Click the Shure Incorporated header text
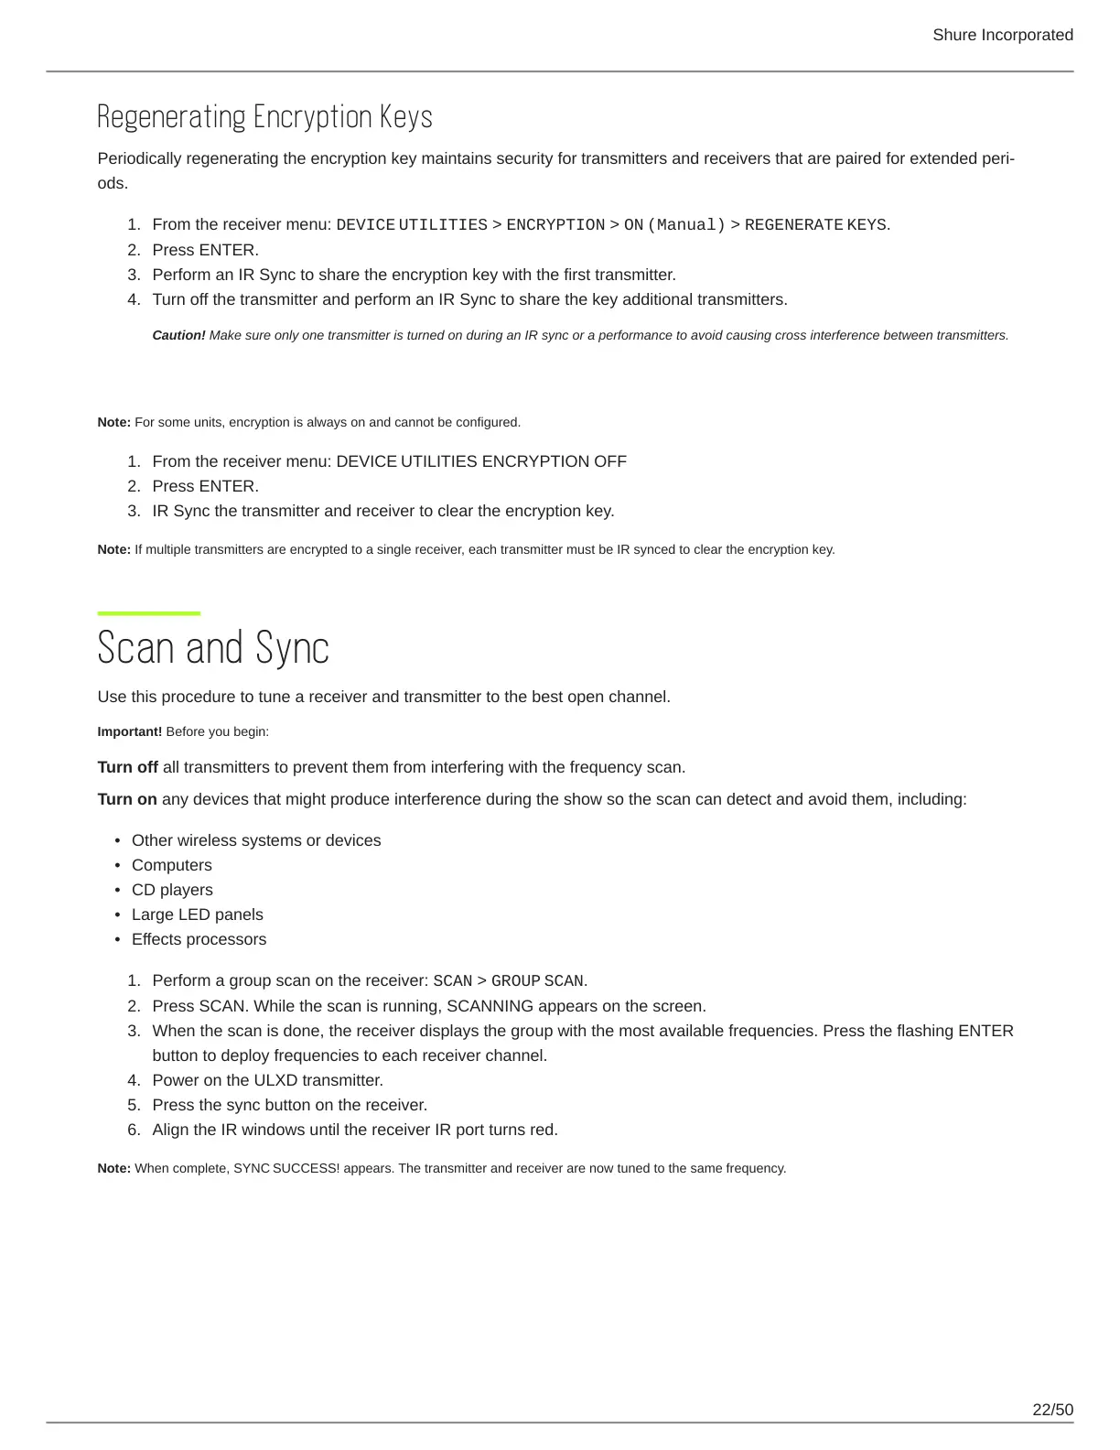(x=1002, y=35)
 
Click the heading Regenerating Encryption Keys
(x=264, y=117)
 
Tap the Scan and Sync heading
(x=212, y=648)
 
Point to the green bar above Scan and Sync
(x=148, y=613)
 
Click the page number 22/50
(x=1052, y=1410)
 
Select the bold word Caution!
(x=178, y=335)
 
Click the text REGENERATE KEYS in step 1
(x=815, y=225)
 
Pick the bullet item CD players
(x=172, y=890)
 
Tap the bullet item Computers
(x=171, y=865)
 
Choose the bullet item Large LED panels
(x=197, y=914)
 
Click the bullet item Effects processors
(x=199, y=939)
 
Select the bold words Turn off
(x=127, y=767)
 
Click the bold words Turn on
(x=127, y=799)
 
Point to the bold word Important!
(x=129, y=731)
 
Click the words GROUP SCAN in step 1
(x=538, y=981)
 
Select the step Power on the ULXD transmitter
(x=267, y=1080)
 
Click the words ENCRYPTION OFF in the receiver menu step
(x=554, y=461)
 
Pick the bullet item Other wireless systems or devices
(x=256, y=840)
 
